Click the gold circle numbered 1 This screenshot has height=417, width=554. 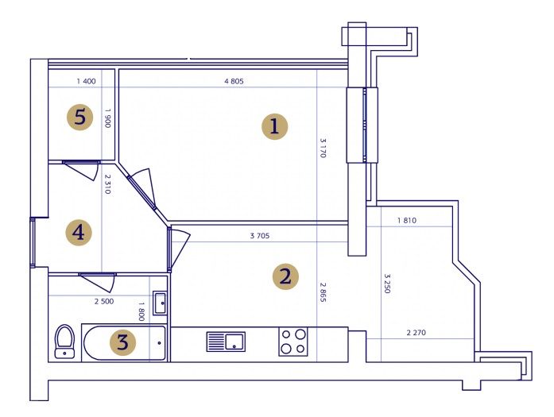[x=274, y=126]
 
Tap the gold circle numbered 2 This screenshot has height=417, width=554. [x=285, y=276]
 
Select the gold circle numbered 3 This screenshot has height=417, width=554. [x=122, y=342]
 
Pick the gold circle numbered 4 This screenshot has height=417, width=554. [x=79, y=233]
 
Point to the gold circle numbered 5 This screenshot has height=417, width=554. [x=79, y=117]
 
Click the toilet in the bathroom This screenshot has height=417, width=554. [x=64, y=342]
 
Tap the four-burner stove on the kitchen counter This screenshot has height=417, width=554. [x=293, y=342]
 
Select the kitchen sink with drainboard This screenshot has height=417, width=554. [x=226, y=342]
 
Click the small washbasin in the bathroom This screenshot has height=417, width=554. [x=160, y=303]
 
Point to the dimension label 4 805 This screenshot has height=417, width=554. [x=234, y=81]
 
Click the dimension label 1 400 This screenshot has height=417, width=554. [x=86, y=81]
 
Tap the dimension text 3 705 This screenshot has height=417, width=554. [x=260, y=236]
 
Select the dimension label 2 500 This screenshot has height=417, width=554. [x=104, y=302]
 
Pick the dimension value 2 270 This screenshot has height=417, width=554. [x=416, y=332]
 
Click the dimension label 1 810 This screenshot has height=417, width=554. [x=407, y=220]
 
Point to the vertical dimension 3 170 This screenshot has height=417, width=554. [x=323, y=148]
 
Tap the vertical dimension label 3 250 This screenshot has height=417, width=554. [x=387, y=284]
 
